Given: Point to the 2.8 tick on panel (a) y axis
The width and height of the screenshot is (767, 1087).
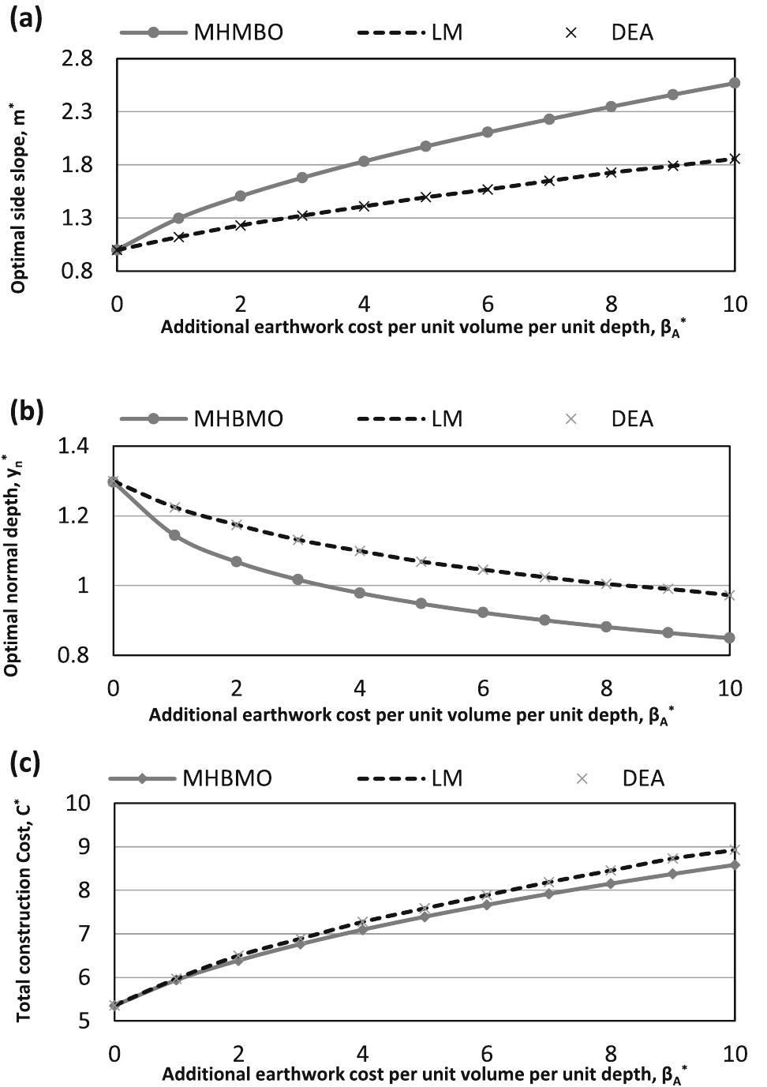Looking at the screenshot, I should [76, 59].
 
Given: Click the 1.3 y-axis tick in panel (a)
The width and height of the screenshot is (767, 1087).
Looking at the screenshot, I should [76, 218].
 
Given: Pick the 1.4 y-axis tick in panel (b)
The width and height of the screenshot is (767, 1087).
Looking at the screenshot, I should [75, 447].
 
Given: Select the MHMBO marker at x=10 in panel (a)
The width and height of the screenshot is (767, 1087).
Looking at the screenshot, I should [734, 83].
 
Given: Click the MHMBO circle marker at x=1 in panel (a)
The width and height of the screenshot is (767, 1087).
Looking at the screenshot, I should [178, 218].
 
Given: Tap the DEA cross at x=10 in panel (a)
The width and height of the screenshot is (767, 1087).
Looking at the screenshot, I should [734, 159].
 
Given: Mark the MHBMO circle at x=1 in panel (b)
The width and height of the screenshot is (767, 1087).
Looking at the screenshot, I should [174, 535].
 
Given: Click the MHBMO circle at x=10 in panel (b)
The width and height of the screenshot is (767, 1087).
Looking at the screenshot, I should [729, 638].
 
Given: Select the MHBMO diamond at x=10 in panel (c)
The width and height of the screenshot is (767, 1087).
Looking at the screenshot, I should [734, 864].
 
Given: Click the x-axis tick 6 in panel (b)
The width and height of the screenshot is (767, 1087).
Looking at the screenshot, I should [483, 688].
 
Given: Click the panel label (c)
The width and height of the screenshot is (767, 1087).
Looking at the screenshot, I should [26, 763].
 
